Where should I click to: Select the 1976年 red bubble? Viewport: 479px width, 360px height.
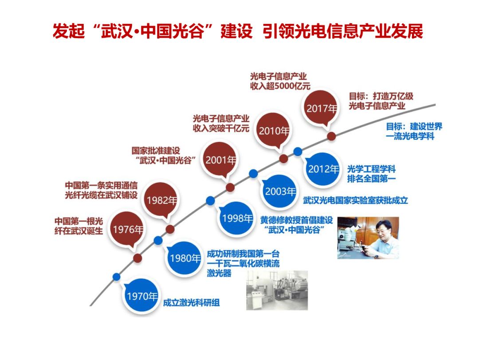(x=128, y=229)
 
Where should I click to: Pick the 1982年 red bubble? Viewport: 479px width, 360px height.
(x=162, y=200)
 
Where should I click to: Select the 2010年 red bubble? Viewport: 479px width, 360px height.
(x=274, y=131)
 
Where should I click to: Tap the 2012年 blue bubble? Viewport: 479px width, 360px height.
(x=323, y=169)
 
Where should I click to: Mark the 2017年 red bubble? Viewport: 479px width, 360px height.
(x=321, y=108)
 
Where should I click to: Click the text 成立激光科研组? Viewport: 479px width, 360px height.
(x=191, y=303)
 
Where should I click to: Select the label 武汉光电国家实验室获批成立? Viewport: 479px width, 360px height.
(x=355, y=200)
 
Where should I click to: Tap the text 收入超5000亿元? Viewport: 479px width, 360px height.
(x=280, y=86)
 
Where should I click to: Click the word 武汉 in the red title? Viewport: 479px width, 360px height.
(x=116, y=31)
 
